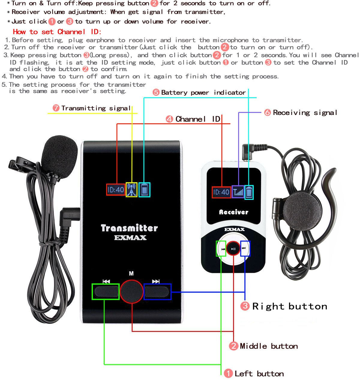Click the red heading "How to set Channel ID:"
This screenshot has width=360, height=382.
57,32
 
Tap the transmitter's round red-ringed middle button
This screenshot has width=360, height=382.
131,291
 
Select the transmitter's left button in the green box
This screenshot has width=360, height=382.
105,291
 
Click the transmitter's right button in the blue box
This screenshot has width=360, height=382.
157,291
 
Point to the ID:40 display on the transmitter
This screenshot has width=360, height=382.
116,190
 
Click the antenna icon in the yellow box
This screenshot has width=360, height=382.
131,190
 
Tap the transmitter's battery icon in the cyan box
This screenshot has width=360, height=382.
145,190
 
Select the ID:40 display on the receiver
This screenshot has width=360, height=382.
221,192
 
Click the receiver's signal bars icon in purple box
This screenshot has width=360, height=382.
238,192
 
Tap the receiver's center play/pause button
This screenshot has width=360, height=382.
233,248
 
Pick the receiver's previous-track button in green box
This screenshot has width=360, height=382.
222,249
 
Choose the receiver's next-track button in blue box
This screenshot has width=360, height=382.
244,248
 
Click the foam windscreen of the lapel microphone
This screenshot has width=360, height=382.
59,155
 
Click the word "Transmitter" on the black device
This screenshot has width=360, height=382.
129,228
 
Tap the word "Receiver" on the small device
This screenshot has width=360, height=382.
234,212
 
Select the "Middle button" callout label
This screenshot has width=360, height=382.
268,346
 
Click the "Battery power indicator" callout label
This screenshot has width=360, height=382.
203,92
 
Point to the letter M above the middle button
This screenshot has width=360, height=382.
131,273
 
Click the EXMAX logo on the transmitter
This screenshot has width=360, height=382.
130,238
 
